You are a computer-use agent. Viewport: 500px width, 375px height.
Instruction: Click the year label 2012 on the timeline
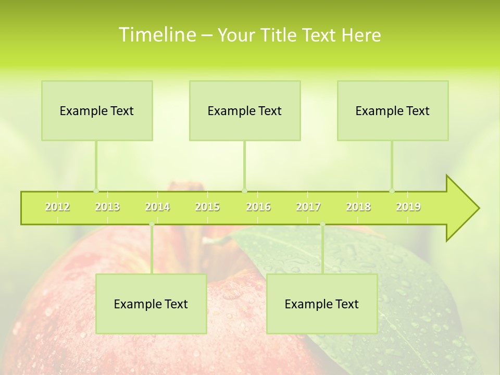pos(57,207)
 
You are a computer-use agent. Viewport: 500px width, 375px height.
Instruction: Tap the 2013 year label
pos(107,207)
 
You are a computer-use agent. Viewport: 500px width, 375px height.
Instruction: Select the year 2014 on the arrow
pos(157,207)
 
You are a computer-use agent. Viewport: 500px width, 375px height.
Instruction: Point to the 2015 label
pos(207,207)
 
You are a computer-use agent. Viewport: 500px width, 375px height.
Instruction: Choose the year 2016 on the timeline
pos(258,207)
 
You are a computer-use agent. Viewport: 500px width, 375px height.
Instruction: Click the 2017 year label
pos(308,207)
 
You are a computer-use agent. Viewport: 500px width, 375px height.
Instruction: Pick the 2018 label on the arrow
pos(358,207)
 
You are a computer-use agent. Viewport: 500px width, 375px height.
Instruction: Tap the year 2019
pos(408,207)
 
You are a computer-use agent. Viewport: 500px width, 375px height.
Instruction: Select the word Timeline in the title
pos(156,35)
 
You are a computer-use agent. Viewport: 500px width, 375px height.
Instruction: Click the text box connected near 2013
pos(97,110)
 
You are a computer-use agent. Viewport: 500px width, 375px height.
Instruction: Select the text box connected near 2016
pos(245,110)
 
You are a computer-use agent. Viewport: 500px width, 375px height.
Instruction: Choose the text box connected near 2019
pos(393,110)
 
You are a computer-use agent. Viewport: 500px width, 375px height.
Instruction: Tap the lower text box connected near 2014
pos(151,304)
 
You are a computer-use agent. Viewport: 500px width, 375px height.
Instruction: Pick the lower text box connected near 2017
pos(322,304)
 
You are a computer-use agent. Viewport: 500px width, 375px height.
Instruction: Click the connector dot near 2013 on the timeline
pos(96,191)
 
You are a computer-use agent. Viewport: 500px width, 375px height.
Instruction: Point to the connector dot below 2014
pos(152,224)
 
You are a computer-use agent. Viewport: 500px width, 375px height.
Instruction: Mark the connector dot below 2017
pos(322,224)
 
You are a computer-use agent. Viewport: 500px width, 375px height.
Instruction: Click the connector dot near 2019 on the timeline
pos(392,191)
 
